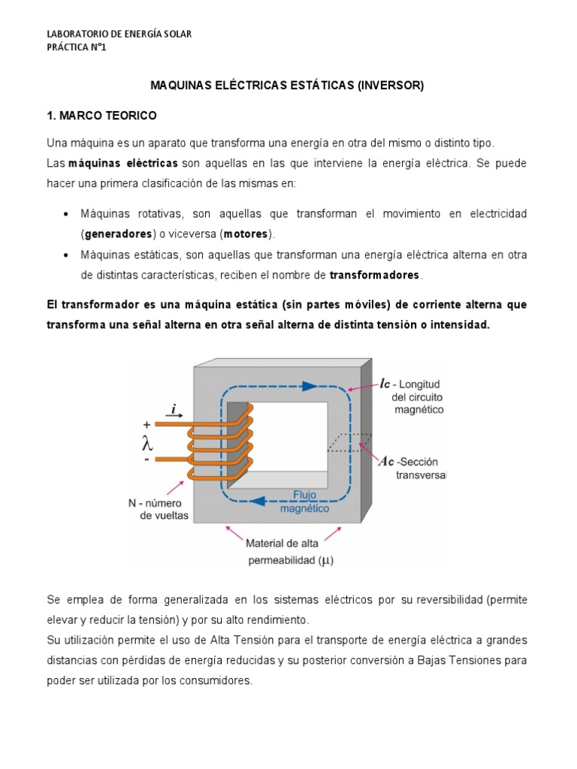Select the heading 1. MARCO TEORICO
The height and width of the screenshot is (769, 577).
point(101,116)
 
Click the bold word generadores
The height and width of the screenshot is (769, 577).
point(118,234)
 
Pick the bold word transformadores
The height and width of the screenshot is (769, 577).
point(376,275)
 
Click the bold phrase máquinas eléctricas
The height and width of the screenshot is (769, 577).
point(123,163)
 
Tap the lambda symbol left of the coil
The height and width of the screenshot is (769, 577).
point(148,442)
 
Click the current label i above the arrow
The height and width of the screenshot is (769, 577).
point(174,409)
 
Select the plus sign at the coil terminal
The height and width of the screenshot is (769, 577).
point(147,424)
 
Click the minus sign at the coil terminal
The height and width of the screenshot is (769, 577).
point(147,459)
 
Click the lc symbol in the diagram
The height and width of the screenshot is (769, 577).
point(385,383)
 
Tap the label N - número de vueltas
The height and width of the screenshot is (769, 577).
point(155,508)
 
